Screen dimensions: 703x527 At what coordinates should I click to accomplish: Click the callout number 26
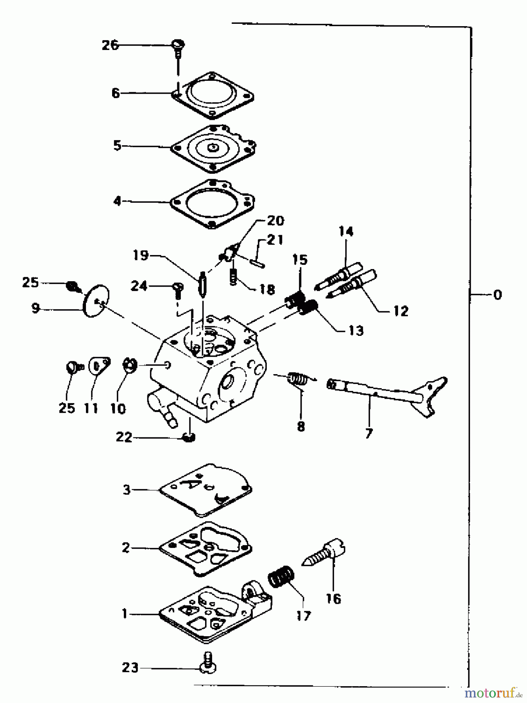point(110,45)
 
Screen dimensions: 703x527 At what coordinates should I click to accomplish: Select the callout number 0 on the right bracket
point(497,294)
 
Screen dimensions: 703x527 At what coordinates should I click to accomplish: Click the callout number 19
point(141,256)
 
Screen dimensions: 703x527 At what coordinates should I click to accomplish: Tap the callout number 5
point(117,146)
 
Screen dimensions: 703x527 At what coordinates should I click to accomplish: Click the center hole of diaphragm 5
point(213,148)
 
